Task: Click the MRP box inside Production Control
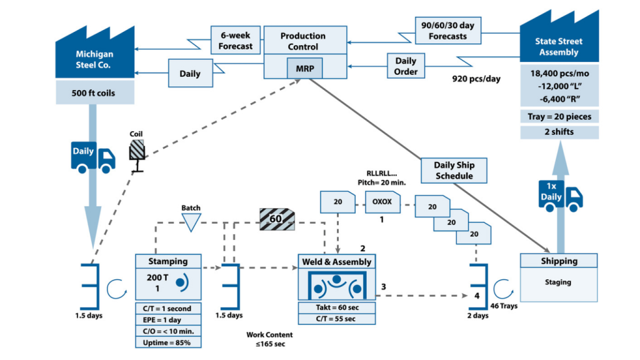coord(304,67)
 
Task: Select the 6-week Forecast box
coord(236,40)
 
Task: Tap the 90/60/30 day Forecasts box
coord(447,30)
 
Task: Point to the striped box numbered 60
coord(277,219)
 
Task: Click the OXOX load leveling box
coord(382,202)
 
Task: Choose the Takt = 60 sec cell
coord(337,307)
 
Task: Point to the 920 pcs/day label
coord(476,79)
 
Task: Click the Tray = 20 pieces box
coord(559,116)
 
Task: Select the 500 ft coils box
coord(94,92)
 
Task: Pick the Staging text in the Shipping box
coord(558,282)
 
